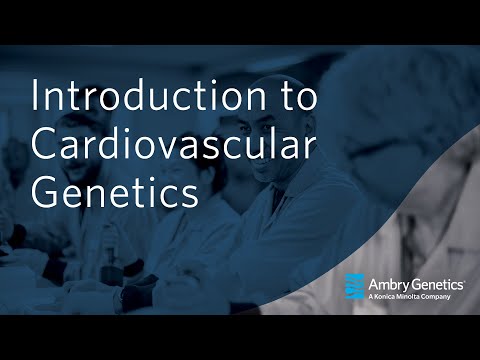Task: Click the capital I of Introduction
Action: [x=38, y=98]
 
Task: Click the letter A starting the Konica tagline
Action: [x=372, y=297]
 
